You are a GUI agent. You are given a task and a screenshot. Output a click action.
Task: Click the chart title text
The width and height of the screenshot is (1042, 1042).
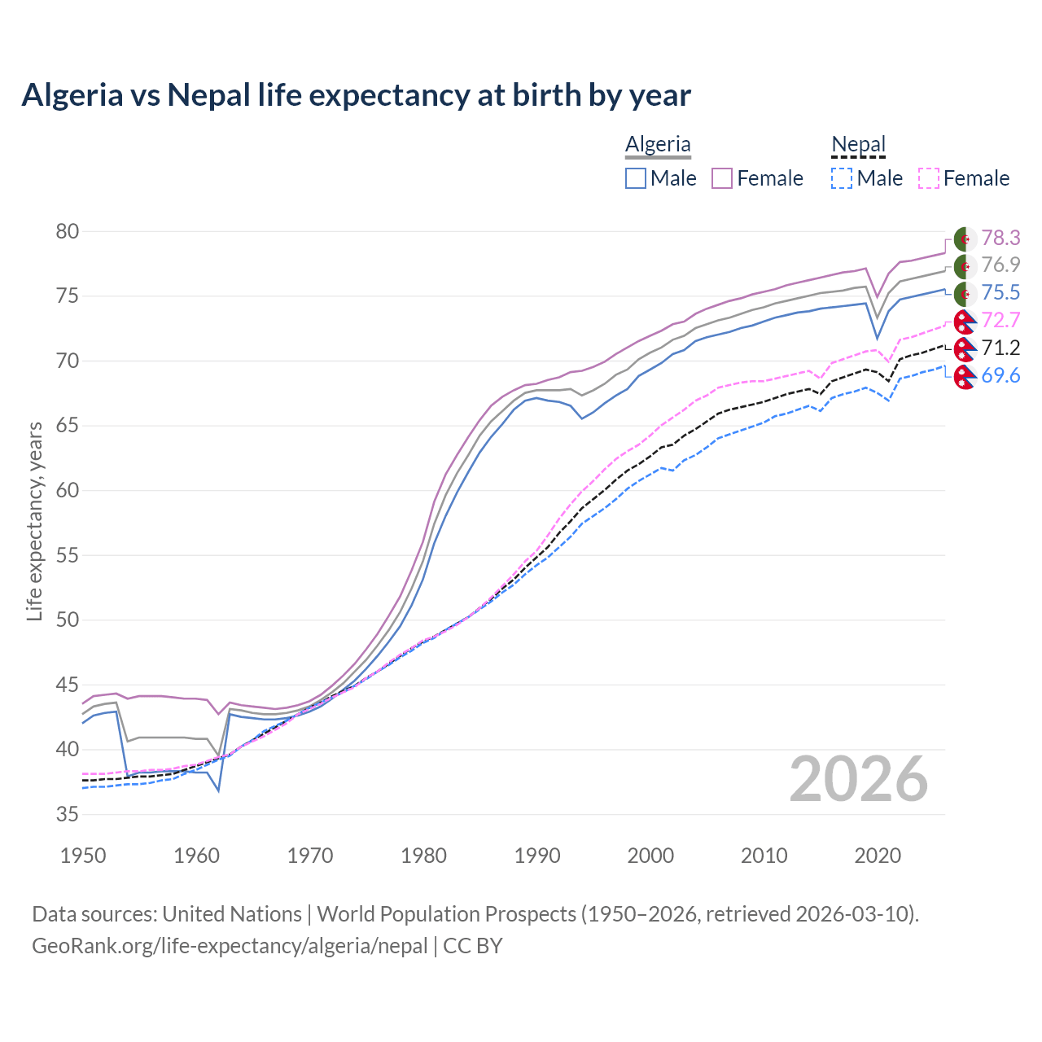[356, 95]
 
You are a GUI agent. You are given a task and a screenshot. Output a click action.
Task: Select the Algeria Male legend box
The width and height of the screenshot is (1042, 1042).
[636, 178]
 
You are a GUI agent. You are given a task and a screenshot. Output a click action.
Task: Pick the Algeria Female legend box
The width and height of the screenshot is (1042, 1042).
[722, 178]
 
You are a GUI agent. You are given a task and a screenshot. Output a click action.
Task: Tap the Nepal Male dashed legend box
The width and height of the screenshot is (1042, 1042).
[842, 178]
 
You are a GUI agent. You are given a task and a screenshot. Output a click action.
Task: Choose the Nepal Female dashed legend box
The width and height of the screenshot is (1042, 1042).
[929, 178]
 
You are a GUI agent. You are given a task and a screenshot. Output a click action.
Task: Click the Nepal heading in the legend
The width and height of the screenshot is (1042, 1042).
[858, 144]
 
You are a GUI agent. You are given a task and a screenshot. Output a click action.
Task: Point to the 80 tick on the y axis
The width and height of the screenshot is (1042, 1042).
[67, 232]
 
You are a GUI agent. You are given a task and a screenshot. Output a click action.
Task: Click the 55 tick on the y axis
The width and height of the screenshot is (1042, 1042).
[67, 555]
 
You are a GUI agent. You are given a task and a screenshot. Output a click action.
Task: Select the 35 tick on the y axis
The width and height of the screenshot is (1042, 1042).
[67, 814]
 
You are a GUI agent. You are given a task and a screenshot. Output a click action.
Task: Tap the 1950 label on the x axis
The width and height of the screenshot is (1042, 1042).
[83, 856]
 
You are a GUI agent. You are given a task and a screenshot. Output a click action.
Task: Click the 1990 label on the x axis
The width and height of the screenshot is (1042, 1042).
[537, 856]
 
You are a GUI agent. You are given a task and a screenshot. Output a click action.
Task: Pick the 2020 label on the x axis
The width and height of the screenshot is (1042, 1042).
[878, 856]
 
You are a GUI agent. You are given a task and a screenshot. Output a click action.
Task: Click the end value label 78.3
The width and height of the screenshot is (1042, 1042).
[1000, 238]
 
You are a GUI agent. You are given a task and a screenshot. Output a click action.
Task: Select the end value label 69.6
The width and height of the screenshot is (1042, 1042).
[1000, 375]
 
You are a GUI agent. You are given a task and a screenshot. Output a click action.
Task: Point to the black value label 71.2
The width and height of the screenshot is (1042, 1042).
[1000, 348]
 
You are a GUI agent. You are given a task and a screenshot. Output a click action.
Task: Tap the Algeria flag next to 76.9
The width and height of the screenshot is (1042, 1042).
[965, 266]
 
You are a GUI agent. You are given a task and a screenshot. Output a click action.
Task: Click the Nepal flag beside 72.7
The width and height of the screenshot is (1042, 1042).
[965, 322]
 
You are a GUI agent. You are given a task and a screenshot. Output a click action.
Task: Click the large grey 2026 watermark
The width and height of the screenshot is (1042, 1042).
[858, 779]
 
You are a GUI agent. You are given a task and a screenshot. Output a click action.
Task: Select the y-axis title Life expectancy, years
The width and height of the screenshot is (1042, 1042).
[34, 521]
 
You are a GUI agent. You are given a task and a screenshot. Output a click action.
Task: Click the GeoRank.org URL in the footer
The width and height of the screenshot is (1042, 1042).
[230, 946]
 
